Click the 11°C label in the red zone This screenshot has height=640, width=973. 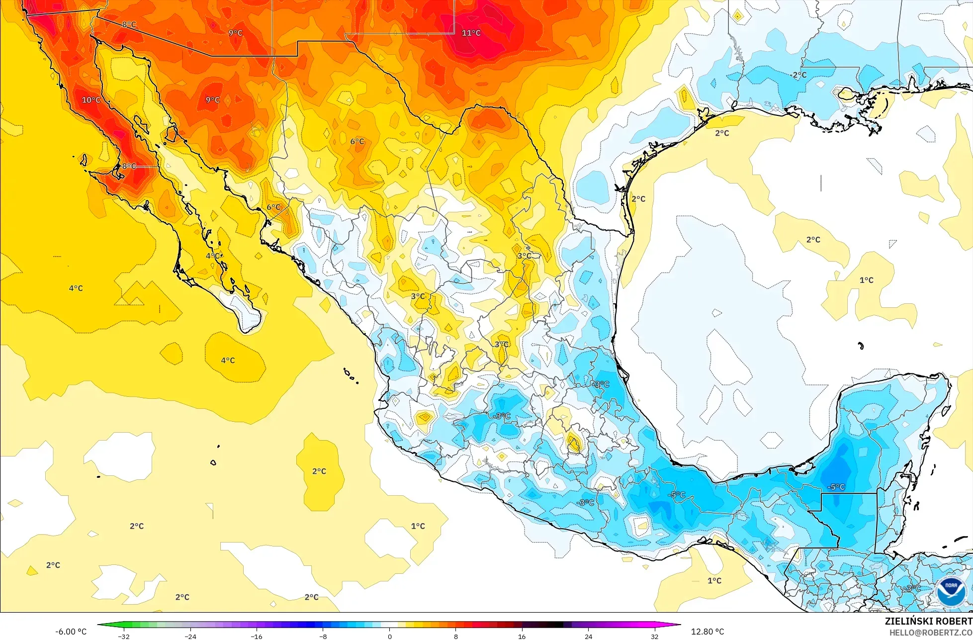(x=471, y=33)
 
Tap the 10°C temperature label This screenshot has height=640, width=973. (x=91, y=100)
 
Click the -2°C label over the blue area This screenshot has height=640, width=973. (x=798, y=75)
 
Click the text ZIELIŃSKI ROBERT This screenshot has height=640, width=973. (x=928, y=621)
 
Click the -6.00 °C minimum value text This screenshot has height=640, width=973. (x=71, y=632)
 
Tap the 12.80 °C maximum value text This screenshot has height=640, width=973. (x=708, y=632)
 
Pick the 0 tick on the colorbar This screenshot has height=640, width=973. (x=389, y=637)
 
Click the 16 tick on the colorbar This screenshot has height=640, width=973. (x=522, y=637)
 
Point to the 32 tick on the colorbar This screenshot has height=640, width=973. (x=655, y=637)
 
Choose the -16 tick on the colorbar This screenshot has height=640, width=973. (x=256, y=637)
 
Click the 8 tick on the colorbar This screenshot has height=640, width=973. (x=455, y=637)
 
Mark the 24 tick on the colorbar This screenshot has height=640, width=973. (x=588, y=637)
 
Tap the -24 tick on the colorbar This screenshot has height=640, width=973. (x=190, y=637)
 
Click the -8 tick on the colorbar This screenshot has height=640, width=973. (x=323, y=637)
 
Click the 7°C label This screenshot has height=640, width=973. (x=357, y=142)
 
